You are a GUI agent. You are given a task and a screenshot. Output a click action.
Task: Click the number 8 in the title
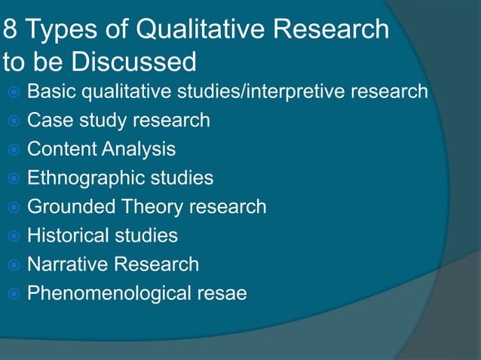[11, 30]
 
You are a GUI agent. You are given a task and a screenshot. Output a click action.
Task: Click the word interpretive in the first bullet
[290, 93]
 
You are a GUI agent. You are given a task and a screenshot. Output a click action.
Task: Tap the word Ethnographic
[85, 178]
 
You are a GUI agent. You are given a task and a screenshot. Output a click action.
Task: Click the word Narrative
[65, 264]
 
